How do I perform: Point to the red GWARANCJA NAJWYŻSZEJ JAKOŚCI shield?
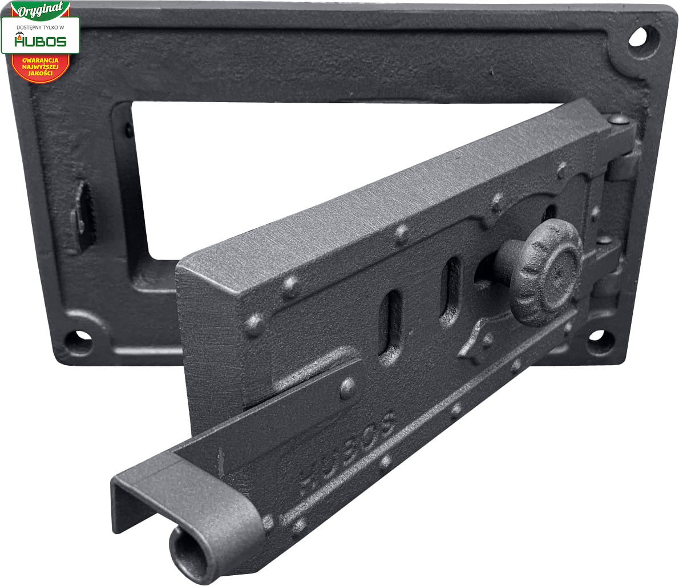(x=41, y=68)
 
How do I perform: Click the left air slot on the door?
(x=390, y=324)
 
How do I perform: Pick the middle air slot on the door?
(x=450, y=290)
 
